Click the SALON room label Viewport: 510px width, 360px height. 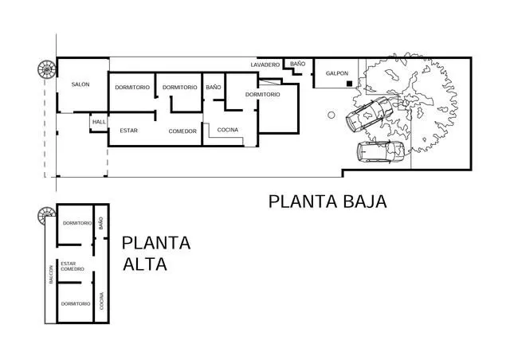point(80,84)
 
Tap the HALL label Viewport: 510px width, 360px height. point(99,122)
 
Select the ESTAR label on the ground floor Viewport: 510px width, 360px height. point(129,131)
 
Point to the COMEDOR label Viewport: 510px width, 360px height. point(182,131)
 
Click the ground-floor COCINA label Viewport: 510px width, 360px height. point(228,130)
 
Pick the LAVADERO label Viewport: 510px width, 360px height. point(265,65)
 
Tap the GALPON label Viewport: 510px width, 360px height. point(337,73)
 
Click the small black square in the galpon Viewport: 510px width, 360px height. point(349,84)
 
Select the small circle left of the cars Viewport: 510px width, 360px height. point(331,115)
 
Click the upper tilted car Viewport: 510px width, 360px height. point(369,114)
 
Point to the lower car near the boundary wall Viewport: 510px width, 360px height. point(381,151)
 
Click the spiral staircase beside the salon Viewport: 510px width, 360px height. point(47,69)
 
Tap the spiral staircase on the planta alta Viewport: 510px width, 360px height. point(46,216)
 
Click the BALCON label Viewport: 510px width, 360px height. point(51,275)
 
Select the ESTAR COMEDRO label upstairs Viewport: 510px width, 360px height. point(73,266)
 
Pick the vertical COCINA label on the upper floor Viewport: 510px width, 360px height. point(101,301)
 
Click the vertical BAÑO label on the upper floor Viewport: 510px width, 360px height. point(101,223)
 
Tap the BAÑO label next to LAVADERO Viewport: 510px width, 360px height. point(297,64)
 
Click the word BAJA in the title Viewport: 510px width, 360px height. point(365,202)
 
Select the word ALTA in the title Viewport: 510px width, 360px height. point(145,264)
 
